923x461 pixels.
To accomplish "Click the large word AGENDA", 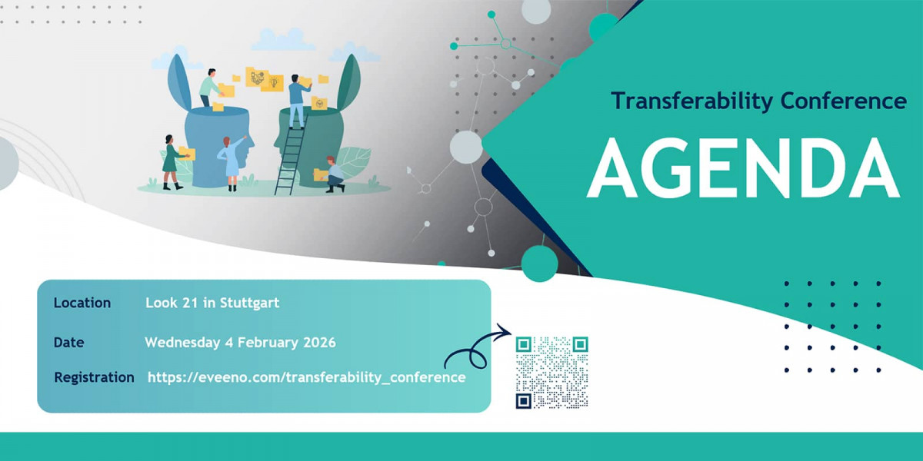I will (x=742, y=170).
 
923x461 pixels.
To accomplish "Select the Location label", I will (x=82, y=303).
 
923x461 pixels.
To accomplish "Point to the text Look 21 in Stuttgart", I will (x=212, y=303).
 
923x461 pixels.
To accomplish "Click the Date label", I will (x=69, y=342).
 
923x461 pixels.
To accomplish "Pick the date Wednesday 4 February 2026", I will (x=240, y=342).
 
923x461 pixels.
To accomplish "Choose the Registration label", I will (x=94, y=377).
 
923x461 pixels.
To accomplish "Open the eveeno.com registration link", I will (x=306, y=377).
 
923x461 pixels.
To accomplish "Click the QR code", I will (x=551, y=373).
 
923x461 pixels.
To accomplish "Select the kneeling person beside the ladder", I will (x=334, y=174).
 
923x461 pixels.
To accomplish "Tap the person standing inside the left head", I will (x=208, y=89).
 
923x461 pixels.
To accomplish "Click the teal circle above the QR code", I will (x=539, y=263).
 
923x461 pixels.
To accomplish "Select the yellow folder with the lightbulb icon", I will (x=273, y=82).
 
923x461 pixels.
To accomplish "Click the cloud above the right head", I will (x=355, y=53).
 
